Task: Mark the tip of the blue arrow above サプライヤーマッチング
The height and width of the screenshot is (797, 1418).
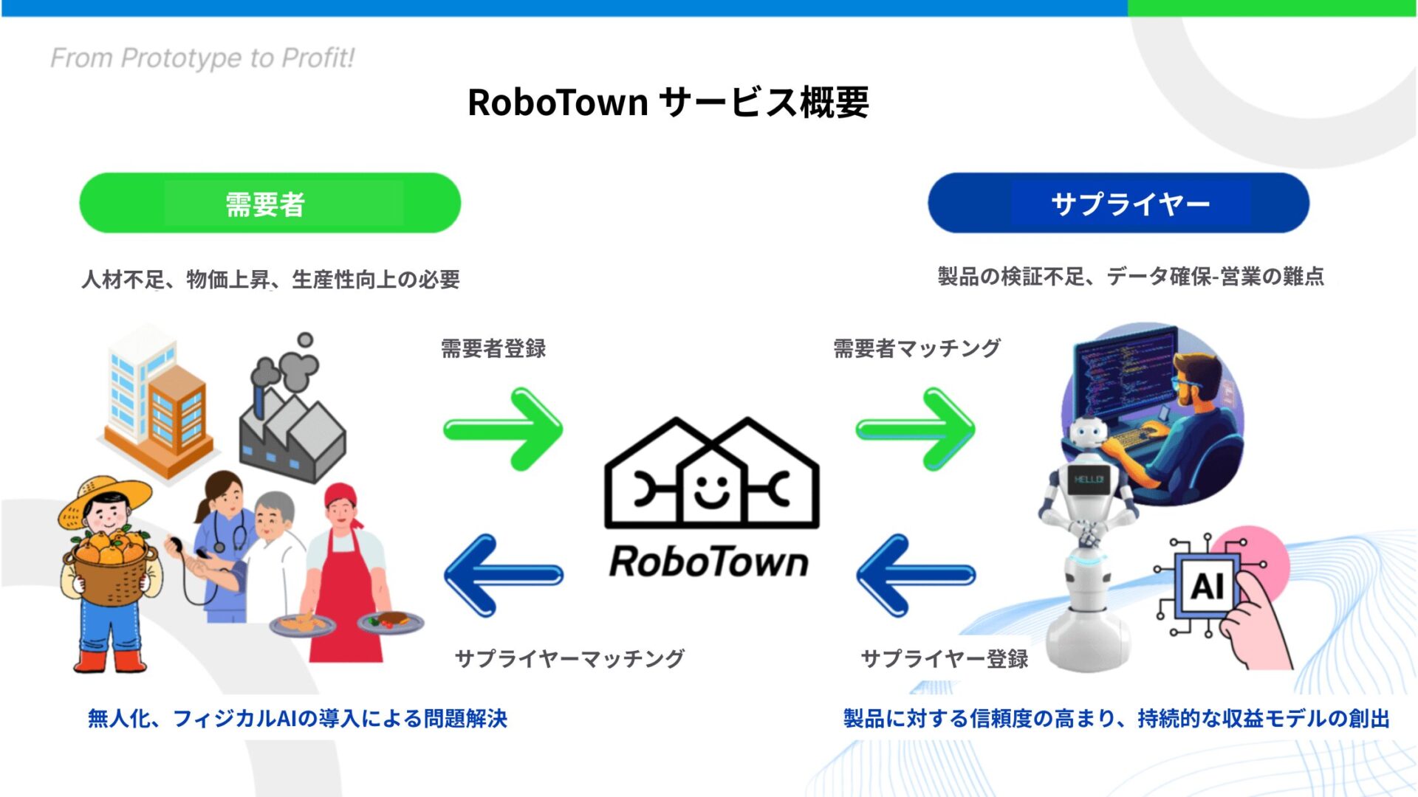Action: [x=445, y=575]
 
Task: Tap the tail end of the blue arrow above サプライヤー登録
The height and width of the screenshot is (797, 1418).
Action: [x=973, y=575]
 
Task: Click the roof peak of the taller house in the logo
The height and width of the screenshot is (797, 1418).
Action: [x=747, y=420]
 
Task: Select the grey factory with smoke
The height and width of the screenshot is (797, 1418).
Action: [x=291, y=410]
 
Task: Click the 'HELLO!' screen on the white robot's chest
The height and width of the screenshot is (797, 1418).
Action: [x=1089, y=480]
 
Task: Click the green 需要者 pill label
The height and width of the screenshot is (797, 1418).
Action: [x=270, y=203]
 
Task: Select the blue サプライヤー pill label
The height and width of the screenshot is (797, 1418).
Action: [x=1118, y=203]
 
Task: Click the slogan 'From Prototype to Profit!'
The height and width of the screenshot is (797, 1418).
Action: [x=202, y=58]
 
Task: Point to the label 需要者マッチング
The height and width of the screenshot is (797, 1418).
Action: [x=917, y=348]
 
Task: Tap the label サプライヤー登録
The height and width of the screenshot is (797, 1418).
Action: [x=945, y=658]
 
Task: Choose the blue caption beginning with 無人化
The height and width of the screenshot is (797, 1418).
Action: [x=298, y=718]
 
